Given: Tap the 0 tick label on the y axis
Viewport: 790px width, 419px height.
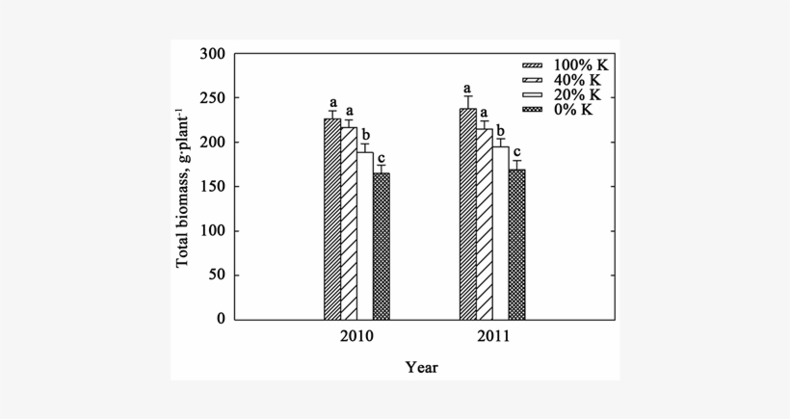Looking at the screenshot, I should [x=223, y=320].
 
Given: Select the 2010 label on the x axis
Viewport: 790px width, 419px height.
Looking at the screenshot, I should [x=356, y=338].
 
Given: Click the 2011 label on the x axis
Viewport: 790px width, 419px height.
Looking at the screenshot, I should [x=492, y=338].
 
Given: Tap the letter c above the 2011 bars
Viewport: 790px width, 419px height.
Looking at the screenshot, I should [x=517, y=152].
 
